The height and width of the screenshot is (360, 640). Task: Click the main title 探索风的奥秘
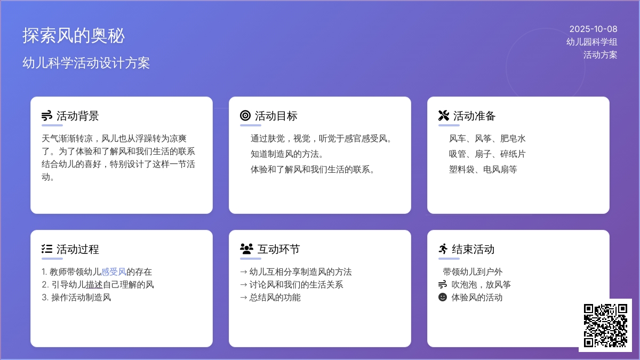pos(74,36)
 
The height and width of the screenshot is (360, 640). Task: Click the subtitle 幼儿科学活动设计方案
pos(86,63)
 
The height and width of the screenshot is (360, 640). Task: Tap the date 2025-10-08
pos(593,29)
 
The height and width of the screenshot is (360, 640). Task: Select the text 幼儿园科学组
pos(591,42)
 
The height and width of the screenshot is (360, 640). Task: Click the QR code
pos(605,325)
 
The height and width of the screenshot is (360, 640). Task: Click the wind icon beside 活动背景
pos(47,116)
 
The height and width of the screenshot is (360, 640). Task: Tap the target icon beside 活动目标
pos(245,116)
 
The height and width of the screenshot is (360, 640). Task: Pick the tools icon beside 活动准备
pos(444,116)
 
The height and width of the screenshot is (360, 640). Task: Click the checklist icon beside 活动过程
pos(47,249)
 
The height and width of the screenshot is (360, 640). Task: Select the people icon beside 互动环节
pos(246,249)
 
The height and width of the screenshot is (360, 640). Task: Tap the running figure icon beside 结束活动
pos(443,249)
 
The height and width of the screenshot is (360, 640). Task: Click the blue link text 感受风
pos(114,272)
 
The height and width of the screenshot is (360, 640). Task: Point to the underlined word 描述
pos(94,285)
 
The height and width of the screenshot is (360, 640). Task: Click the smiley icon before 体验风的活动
pos(443,297)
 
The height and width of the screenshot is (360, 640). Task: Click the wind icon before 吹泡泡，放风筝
pos(443,284)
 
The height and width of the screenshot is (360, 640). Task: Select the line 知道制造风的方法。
pos(287,154)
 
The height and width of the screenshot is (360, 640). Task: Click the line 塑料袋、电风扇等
pos(483,170)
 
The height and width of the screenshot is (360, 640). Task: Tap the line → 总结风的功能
pos(270,298)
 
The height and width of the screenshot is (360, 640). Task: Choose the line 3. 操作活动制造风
pos(76,298)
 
